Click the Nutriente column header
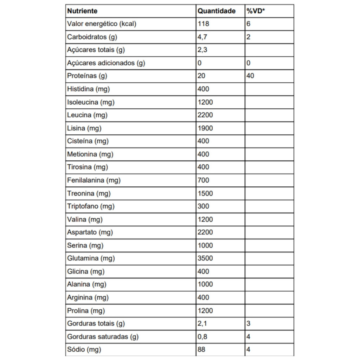tap(82, 11)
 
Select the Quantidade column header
tap(216, 11)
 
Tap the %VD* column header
tap(256, 11)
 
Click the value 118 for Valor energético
tap(203, 24)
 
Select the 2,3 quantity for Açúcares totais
tap(202, 50)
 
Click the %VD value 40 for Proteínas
tap(250, 76)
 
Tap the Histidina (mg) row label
tap(89, 89)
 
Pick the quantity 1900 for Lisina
tap(205, 128)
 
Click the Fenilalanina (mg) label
tap(94, 180)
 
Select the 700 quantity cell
tap(203, 180)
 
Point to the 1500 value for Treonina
tap(205, 193)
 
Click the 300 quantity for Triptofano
tap(203, 206)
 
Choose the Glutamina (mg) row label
tap(91, 258)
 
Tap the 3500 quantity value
tap(205, 258)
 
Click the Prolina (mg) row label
tap(86, 311)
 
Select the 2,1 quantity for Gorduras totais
tap(202, 323)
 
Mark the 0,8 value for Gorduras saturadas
tap(202, 337)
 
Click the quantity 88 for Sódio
tap(201, 350)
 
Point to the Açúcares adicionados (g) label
tap(106, 63)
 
